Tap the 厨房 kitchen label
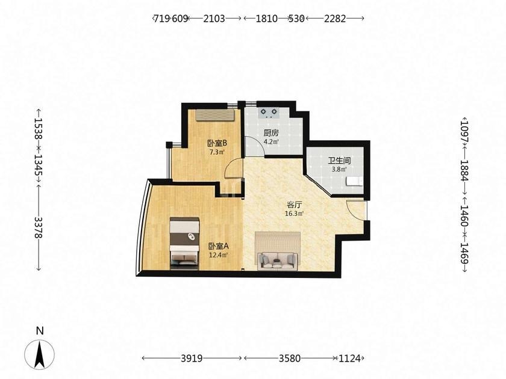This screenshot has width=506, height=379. pos(270,133)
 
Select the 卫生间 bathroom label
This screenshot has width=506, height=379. pos(340,160)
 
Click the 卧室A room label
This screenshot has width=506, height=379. pos(219,246)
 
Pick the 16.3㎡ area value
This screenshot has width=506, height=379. pos(295,214)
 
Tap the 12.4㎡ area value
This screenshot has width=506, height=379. pos(219,255)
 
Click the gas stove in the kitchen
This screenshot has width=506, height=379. pos(269,112)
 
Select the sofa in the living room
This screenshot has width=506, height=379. pos(278,260)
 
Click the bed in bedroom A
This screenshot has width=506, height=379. pos(184,243)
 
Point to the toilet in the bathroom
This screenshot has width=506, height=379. pos(354,182)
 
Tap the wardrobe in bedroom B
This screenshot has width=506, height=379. pos(214,116)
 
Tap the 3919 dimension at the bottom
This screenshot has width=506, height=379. pos(192,358)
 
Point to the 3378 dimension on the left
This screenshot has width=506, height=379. pos(39,227)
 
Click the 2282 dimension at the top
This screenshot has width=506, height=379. pos(335,19)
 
